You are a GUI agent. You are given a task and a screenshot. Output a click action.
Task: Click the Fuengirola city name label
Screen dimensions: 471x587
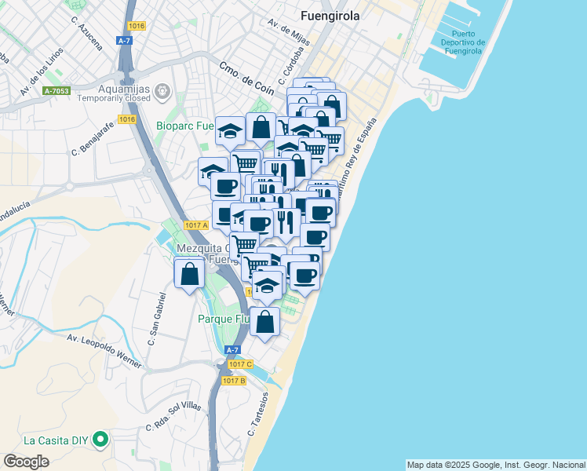pos(330,15)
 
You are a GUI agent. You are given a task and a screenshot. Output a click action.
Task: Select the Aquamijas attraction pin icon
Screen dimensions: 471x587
pos(163,92)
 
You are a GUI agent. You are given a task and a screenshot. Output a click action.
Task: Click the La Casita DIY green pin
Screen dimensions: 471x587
pos(100,440)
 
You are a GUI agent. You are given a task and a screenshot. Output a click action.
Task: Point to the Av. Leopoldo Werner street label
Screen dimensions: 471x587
pos(103,350)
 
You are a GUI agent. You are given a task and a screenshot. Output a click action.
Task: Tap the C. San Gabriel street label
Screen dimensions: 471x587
pos(156,319)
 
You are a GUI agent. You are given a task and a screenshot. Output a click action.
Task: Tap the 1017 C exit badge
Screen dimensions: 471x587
pos(241,364)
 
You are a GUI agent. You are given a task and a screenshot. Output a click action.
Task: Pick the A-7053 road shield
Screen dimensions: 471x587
pos(57,91)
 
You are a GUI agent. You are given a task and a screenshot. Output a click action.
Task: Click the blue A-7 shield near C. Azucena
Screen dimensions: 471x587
pos(125,40)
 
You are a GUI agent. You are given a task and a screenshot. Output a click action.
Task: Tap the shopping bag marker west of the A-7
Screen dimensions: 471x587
pos(189,275)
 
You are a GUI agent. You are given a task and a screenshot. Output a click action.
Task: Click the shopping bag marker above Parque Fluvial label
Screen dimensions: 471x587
pos(266,322)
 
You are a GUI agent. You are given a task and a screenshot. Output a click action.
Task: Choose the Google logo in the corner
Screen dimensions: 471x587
pos(26,462)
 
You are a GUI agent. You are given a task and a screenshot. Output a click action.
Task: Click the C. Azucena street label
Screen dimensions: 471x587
pos(86,33)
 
